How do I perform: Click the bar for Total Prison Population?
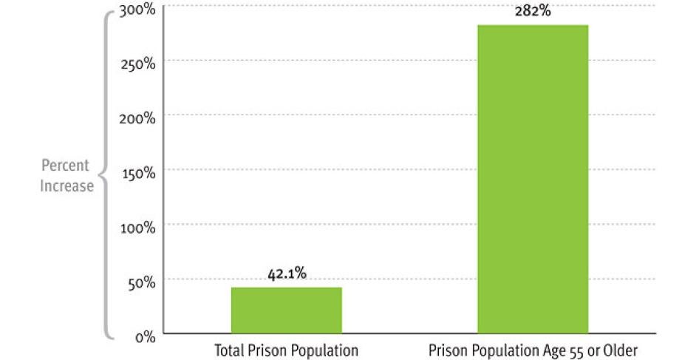coord(286,310)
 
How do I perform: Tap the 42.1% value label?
coord(287,275)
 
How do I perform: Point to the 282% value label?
coord(533,12)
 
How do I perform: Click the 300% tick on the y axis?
coord(138,10)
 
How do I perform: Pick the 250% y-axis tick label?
coord(138,64)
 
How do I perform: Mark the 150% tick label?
coord(138,173)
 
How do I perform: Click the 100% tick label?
coord(138,228)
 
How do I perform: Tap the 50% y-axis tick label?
coord(140,282)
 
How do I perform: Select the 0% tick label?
coord(143,337)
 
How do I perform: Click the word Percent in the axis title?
coord(65,166)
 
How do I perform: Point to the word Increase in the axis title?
coord(67,186)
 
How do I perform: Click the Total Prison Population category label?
coord(286,349)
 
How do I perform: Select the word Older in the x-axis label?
coord(621,349)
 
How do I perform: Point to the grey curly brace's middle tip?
coord(100,174)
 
